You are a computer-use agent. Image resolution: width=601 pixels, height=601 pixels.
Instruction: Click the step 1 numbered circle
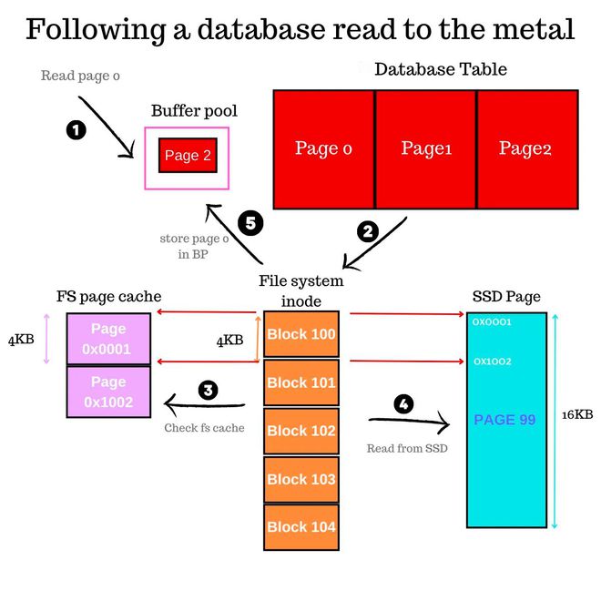(77, 130)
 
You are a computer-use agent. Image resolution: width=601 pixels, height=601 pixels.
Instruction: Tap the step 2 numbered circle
(368, 232)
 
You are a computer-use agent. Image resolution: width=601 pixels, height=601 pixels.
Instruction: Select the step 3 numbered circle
(209, 391)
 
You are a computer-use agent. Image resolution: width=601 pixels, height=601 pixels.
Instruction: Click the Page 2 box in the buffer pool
(187, 156)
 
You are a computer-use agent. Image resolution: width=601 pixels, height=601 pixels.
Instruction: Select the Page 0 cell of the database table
(323, 148)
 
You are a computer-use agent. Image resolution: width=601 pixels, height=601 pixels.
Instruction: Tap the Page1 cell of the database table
(426, 148)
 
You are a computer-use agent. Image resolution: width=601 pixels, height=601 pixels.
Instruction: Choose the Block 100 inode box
(300, 334)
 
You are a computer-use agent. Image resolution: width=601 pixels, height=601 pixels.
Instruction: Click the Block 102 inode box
(300, 431)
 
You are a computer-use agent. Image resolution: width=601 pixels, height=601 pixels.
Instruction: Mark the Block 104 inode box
(300, 526)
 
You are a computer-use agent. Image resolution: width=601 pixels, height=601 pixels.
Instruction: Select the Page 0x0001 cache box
(108, 339)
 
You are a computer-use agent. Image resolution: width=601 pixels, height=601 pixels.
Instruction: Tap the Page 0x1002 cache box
(108, 392)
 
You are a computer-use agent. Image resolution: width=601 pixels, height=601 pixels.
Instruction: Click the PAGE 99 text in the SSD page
(504, 420)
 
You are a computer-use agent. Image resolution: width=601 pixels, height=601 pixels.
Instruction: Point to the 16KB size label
(576, 415)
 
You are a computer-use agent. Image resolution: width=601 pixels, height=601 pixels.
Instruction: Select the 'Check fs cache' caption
(204, 427)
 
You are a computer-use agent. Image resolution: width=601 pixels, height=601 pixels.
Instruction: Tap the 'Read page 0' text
(80, 76)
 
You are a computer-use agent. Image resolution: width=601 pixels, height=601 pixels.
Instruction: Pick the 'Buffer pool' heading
(194, 111)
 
